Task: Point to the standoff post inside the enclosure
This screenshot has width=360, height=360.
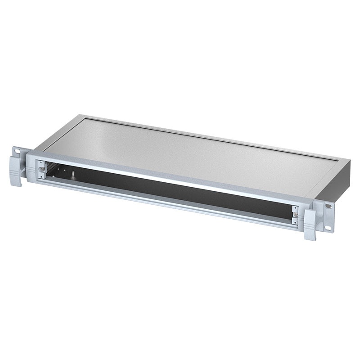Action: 72,172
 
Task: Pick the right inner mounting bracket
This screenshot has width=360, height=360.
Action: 295,215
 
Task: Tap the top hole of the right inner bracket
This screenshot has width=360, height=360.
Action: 295,208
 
